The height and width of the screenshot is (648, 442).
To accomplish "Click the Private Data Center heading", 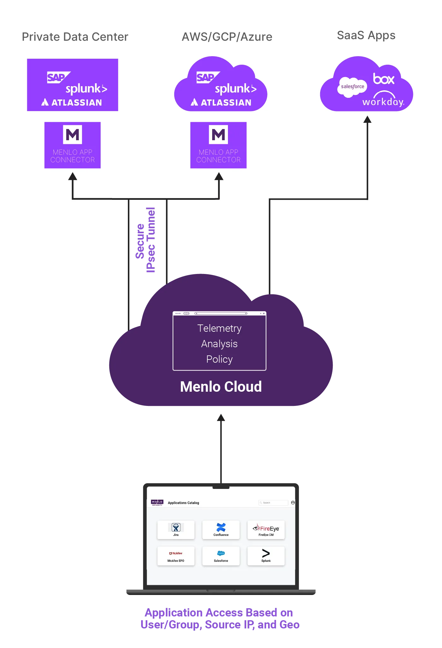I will (x=75, y=37).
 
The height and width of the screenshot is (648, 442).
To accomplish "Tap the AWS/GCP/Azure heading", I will (x=227, y=37).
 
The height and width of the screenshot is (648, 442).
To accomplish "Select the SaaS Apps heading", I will (x=366, y=35).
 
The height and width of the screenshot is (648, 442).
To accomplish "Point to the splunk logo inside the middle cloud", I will (x=235, y=89).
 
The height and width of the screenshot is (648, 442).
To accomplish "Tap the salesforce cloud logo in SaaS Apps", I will (x=352, y=86).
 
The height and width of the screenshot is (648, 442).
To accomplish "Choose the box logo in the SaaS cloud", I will (x=383, y=79).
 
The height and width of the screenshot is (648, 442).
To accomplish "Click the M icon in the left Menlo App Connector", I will (x=72, y=135).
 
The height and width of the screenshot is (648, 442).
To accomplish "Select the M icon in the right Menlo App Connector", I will (x=218, y=135).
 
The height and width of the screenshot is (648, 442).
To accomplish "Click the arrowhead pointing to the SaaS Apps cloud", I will (x=367, y=120).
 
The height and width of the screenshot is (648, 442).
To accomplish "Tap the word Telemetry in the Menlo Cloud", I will (x=219, y=328).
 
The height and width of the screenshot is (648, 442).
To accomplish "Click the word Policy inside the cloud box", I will (x=219, y=359).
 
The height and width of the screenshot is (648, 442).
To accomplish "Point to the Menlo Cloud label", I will (x=221, y=387).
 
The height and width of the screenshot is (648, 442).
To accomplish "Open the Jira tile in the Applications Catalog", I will (x=176, y=530).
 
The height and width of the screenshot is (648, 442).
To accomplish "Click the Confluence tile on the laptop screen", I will (x=221, y=530).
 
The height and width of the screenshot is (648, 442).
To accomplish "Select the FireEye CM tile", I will (x=266, y=530).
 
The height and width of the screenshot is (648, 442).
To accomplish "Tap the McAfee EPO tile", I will (x=176, y=556).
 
